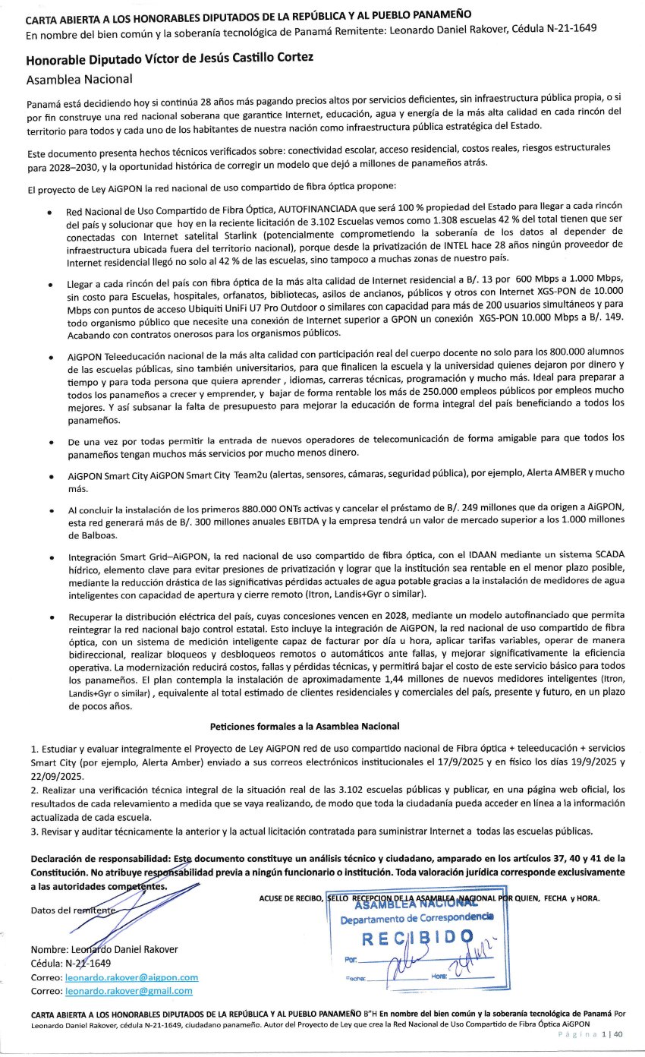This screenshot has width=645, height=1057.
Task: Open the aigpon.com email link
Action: point(132,977)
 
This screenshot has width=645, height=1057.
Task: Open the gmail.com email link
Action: point(129,990)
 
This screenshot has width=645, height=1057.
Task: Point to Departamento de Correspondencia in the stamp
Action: point(417,919)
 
